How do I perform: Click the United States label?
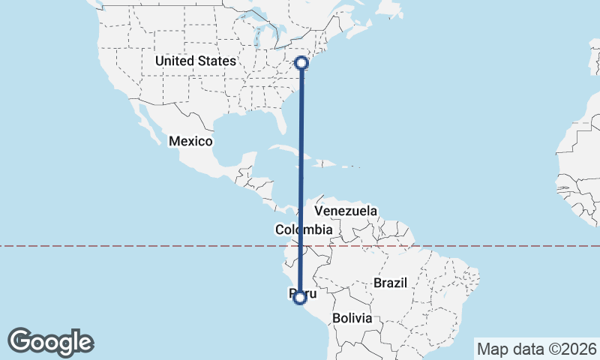pyautogui.click(x=195, y=61)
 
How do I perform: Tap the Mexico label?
pyautogui.click(x=191, y=141)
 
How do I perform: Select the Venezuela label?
pyautogui.click(x=346, y=211)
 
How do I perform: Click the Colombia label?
pyautogui.click(x=304, y=229)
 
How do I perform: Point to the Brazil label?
pyautogui.click(x=389, y=283)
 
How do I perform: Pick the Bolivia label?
pyautogui.click(x=352, y=318)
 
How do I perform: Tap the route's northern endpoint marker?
pyautogui.click(x=301, y=63)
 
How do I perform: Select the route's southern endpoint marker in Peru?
pyautogui.click(x=300, y=298)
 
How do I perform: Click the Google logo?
pyautogui.click(x=51, y=342)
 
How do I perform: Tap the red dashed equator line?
pyautogui.click(x=150, y=245)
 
